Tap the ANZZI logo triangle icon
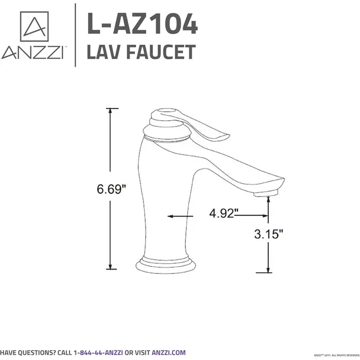click(34, 27)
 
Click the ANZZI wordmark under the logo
click(32, 52)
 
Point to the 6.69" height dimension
click(111, 189)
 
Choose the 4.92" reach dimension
click(223, 213)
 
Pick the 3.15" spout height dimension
click(269, 235)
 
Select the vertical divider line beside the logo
click(75, 35)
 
